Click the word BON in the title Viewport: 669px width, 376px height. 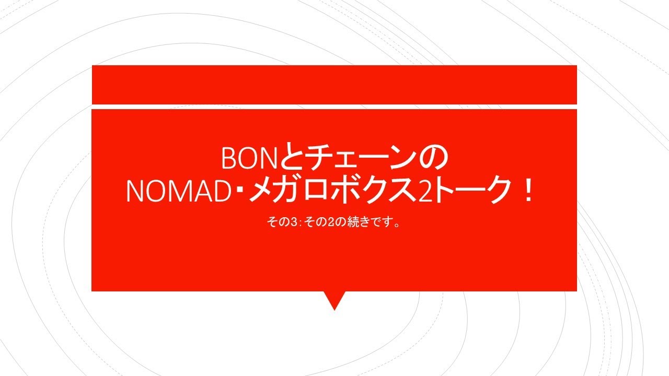(249, 158)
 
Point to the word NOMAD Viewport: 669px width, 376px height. (178, 191)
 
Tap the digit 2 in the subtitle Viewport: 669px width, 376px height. (330, 222)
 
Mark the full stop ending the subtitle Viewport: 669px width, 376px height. (397, 225)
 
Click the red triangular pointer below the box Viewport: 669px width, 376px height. (334, 300)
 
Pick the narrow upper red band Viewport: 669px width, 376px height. (334, 85)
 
